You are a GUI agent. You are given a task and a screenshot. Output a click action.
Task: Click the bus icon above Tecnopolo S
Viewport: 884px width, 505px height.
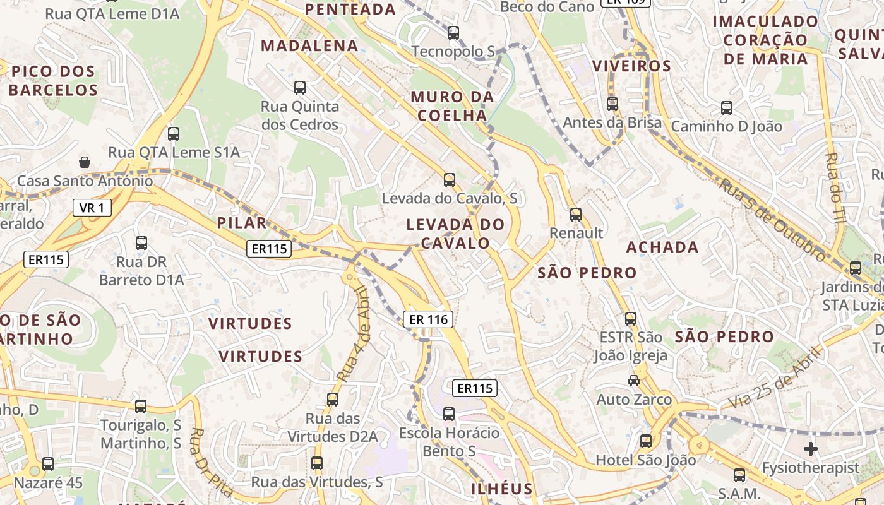point(453,33)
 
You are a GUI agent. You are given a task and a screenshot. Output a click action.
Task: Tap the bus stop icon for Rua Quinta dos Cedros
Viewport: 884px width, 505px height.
point(300,88)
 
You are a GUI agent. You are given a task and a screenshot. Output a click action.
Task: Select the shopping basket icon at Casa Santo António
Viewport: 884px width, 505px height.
point(85,162)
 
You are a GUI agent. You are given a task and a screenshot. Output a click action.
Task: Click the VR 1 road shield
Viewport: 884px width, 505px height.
point(92,208)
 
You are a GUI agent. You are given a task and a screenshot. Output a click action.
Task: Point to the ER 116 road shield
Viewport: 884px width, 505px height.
point(429,319)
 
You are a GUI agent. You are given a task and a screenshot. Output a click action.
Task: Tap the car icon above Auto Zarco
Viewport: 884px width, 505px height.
point(633,380)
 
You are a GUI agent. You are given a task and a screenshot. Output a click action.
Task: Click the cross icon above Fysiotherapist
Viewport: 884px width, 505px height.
point(811,449)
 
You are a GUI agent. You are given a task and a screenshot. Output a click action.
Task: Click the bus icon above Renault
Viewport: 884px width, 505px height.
point(575,215)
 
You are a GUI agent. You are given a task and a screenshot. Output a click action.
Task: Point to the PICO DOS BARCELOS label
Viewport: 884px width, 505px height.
point(54,81)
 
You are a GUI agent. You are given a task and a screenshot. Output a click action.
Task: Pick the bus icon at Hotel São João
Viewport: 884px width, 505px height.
point(645,441)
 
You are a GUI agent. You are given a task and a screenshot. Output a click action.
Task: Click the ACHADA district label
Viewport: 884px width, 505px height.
point(662,247)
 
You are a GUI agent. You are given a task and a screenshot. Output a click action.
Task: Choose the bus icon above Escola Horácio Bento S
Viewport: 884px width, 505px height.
point(448,414)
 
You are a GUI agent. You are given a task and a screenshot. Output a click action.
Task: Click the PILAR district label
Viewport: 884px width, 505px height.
point(242,223)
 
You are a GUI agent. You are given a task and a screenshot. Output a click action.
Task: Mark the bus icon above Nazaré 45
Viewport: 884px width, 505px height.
point(48,465)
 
